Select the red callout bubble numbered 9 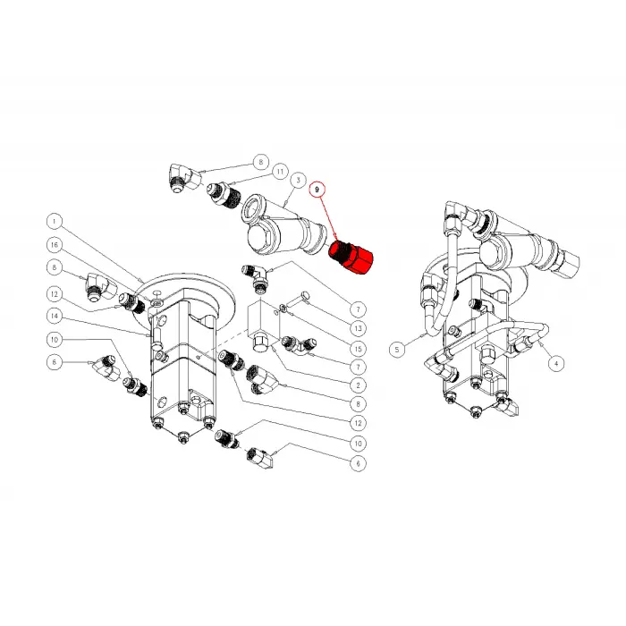[317, 190]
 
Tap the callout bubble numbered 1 [54, 220]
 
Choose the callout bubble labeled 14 [54, 315]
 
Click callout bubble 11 [280, 171]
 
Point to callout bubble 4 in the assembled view [557, 363]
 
